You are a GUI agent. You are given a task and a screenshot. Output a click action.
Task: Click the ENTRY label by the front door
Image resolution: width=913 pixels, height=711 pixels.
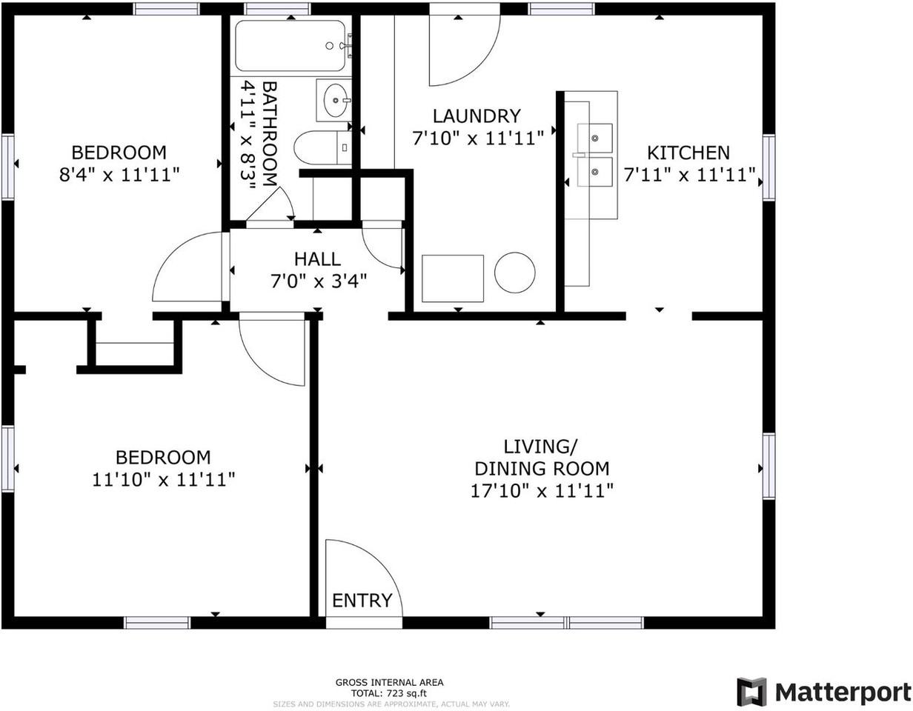point(362,600)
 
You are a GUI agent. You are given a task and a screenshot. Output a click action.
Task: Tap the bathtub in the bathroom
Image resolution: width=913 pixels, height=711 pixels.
point(290,46)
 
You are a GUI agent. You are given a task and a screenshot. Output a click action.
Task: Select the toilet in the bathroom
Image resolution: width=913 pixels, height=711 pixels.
point(322,147)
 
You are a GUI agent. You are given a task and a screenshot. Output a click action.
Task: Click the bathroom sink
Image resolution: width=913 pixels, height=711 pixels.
point(335,99)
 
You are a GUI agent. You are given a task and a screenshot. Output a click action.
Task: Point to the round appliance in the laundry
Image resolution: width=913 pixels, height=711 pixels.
point(514,273)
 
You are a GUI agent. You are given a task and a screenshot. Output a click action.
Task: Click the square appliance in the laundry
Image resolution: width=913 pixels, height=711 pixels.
point(452,278)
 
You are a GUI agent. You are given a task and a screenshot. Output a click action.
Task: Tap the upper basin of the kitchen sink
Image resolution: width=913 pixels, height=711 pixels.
point(595,138)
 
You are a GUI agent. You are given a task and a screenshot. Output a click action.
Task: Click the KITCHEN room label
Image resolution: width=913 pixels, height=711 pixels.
point(688,153)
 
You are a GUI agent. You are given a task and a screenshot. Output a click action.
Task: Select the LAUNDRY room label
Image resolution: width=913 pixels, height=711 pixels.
point(477,116)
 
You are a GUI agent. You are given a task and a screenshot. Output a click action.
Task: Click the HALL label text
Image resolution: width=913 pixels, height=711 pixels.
point(317,259)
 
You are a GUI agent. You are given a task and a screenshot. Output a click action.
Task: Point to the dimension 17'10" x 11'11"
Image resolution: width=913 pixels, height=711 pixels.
point(542,490)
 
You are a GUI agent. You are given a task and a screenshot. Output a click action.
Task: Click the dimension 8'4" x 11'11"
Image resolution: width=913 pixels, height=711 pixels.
point(119,175)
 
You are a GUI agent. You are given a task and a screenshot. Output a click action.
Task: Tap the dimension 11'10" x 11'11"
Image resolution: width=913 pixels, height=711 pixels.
point(164,480)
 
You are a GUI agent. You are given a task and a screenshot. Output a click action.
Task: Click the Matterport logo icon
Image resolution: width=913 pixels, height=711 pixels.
point(751,692)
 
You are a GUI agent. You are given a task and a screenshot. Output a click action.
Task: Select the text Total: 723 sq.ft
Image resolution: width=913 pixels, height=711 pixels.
point(389,693)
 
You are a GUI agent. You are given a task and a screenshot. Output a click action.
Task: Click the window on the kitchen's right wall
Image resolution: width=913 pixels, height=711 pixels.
point(768,167)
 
